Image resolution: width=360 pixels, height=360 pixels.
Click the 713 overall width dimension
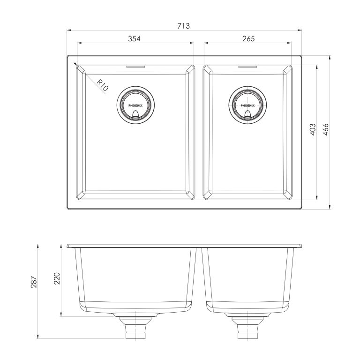183,26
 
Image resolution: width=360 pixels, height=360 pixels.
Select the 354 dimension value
134,38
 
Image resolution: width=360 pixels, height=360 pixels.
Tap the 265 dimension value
248,38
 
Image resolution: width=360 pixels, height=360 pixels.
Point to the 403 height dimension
313,130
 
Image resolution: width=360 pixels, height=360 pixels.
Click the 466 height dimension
326,130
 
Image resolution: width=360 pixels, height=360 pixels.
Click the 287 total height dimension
33,291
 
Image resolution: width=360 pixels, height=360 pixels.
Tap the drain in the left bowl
135,105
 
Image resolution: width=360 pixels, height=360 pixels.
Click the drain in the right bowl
248,105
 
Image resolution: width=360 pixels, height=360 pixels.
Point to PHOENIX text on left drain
135,106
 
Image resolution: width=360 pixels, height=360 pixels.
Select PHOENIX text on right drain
248,106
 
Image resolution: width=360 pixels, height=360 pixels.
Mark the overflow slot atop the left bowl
135,67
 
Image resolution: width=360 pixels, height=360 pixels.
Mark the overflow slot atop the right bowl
248,67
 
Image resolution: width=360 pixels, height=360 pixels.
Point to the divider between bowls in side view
199,277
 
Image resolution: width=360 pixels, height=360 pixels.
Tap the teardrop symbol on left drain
135,113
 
